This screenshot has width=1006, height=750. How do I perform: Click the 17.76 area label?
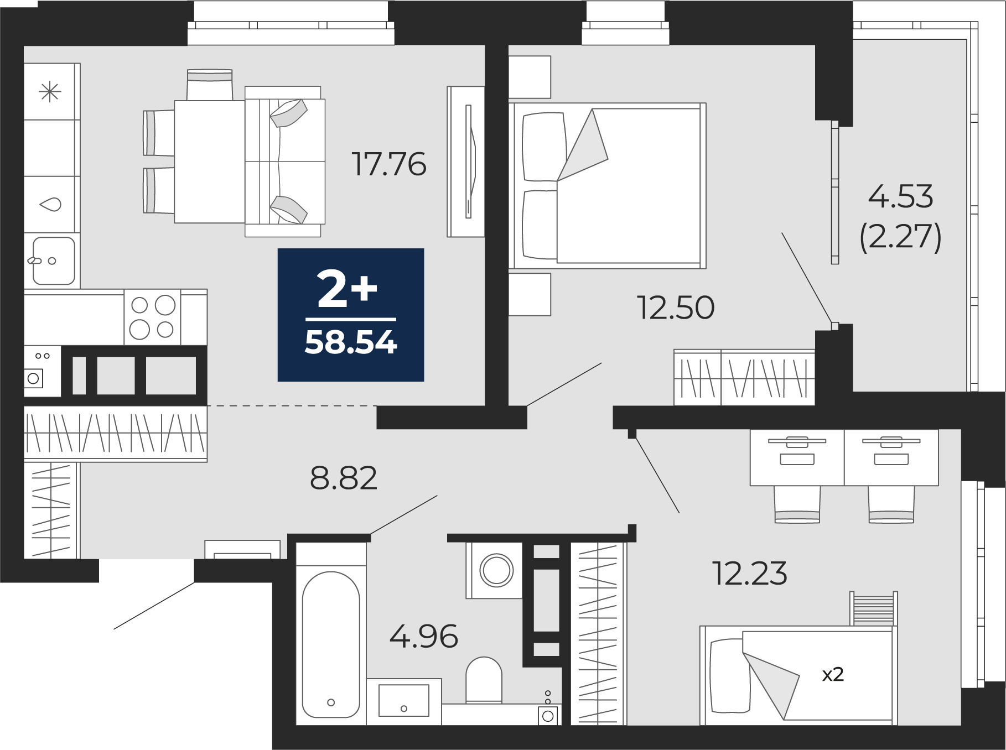click(389, 164)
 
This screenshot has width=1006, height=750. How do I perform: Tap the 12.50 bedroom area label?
click(676, 308)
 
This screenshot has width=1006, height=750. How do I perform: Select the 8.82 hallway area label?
click(344, 478)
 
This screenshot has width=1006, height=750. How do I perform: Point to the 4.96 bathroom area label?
click(424, 636)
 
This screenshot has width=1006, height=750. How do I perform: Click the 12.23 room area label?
click(750, 573)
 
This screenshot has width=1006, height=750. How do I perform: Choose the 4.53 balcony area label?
click(900, 196)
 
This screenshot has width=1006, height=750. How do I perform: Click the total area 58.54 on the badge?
click(351, 343)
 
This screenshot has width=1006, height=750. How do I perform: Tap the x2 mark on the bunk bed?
click(833, 675)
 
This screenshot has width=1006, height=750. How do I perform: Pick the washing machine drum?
click(496, 570)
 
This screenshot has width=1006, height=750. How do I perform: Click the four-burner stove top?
click(152, 317)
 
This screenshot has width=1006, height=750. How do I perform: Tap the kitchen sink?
click(53, 261)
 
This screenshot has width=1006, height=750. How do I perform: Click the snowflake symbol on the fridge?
click(50, 91)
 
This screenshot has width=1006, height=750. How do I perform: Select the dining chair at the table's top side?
click(210, 85)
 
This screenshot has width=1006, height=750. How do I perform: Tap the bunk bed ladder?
click(873, 608)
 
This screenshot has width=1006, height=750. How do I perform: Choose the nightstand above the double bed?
click(530, 77)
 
